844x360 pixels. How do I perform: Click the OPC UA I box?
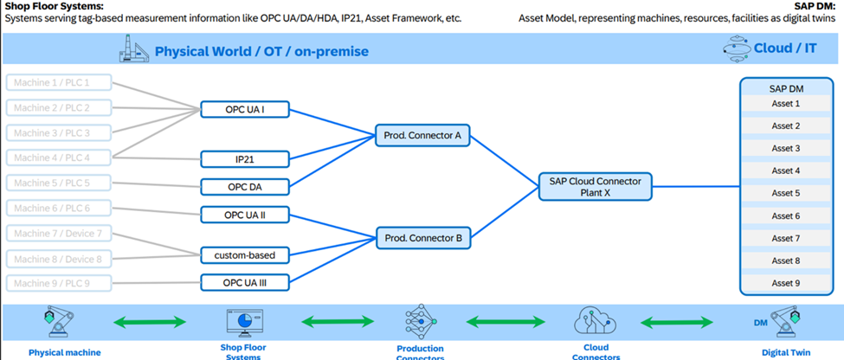click(244, 109)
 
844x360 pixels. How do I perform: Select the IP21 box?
click(244, 159)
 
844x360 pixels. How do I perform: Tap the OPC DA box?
click(244, 186)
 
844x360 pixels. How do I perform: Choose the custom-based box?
click(244, 255)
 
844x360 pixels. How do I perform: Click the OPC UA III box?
click(244, 282)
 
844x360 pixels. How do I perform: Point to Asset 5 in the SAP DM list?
click(785, 193)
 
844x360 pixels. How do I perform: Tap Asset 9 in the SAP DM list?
click(785, 283)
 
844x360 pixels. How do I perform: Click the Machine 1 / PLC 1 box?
click(61, 83)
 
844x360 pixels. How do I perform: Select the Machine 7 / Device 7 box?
click(61, 234)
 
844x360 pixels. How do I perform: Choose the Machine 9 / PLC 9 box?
click(61, 283)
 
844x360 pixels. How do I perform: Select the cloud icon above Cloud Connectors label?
click(594, 323)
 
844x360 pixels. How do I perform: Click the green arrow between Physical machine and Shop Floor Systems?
click(151, 323)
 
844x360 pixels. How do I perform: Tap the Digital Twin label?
click(787, 352)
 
